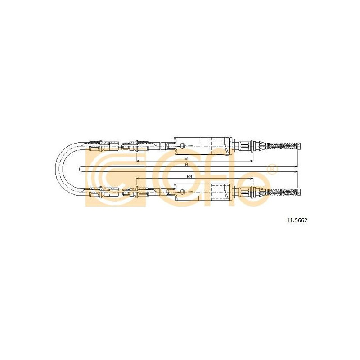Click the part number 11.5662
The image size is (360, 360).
pos(297,220)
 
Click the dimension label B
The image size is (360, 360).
pos(186,158)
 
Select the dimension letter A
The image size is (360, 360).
pos(186,164)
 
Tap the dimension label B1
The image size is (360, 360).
pos(189,176)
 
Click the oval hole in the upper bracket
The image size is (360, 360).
pos(183,146)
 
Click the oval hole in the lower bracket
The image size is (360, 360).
pos(183,192)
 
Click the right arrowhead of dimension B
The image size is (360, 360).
pos(252,161)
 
